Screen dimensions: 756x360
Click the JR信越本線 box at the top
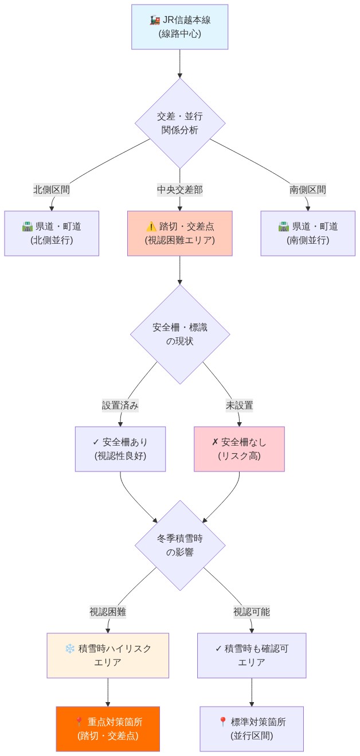coord(180,27)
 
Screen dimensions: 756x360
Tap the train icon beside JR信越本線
coord(155,21)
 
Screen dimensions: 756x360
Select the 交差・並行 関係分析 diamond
coord(180,123)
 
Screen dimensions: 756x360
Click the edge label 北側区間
coord(52,190)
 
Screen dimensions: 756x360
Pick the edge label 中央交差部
coord(180,190)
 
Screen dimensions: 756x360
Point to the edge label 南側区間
coord(308,190)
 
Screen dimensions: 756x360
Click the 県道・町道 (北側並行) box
coord(52,233)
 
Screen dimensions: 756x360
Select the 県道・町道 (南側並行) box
coord(308,233)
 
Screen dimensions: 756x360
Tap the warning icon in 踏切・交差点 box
coord(151,227)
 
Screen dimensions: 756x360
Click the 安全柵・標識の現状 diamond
coord(180,334)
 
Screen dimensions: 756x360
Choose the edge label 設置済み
coord(120,405)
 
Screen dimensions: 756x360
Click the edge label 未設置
coord(239,405)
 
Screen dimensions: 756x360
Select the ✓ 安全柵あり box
coord(120,449)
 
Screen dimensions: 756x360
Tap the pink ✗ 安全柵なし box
coord(239,449)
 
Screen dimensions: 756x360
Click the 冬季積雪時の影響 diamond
coord(180,545)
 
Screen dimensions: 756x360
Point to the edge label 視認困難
coord(108,611)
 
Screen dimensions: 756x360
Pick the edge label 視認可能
coord(252,611)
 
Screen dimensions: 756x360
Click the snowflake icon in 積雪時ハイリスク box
coord(70,649)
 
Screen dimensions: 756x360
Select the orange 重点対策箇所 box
coord(108,728)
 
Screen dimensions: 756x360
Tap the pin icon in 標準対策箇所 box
coord(223,722)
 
